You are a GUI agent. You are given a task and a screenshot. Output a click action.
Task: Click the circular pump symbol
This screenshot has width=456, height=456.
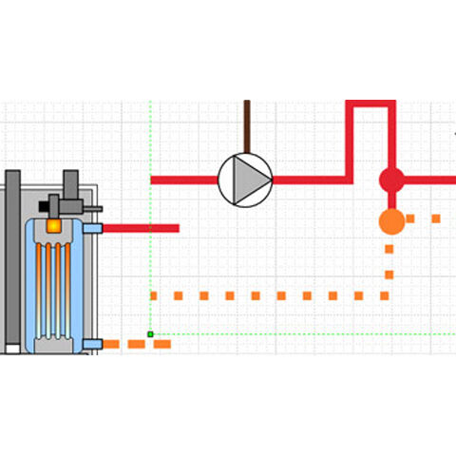coord(245,178)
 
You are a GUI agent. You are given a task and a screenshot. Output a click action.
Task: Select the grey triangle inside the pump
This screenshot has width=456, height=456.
coord(249,178)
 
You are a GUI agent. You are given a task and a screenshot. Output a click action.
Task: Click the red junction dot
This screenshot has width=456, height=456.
coord(391,179)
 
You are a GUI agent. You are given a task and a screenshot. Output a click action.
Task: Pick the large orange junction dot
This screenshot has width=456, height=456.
coord(391,221)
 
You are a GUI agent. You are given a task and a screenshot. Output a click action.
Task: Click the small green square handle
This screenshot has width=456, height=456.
coord(150,333)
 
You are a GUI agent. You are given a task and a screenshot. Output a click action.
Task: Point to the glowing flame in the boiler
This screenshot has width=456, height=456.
coord(55,227)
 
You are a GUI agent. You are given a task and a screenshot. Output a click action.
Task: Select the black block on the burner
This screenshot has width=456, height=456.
coord(45,203)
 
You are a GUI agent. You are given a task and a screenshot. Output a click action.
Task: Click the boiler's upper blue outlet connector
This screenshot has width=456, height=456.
coord(92,228)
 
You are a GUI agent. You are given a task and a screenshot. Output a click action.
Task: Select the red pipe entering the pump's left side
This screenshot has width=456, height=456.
coord(184,179)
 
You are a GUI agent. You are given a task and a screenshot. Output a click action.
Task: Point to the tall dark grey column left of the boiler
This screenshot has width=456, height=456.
coord(12,256)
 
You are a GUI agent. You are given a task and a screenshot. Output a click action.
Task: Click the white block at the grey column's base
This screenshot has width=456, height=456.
coord(11,349)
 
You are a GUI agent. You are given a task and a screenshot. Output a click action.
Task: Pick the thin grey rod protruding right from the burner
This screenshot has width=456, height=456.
coord(92,208)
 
